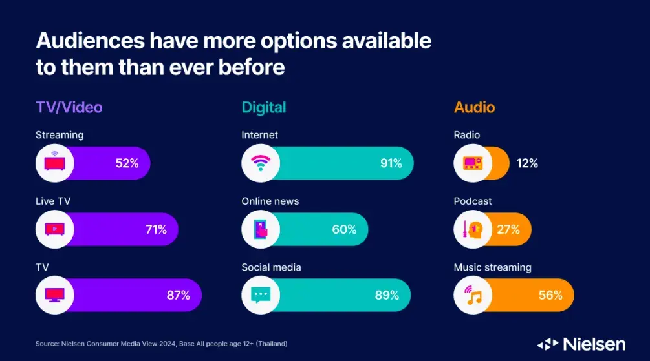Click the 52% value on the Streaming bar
click(x=127, y=163)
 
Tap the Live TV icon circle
click(x=54, y=229)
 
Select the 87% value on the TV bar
click(x=178, y=295)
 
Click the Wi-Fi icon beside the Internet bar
click(x=261, y=163)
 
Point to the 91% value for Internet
click(x=391, y=163)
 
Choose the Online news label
click(x=270, y=201)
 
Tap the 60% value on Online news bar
click(x=345, y=229)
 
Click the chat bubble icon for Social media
click(x=261, y=295)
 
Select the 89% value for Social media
click(x=387, y=295)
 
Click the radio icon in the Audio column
click(x=473, y=163)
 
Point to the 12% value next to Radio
click(x=526, y=163)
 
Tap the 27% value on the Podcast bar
click(x=508, y=229)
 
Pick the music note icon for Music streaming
click(x=473, y=295)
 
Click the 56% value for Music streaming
click(x=550, y=295)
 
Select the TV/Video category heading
click(x=69, y=107)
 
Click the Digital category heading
click(x=264, y=107)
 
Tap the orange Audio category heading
click(x=474, y=107)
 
